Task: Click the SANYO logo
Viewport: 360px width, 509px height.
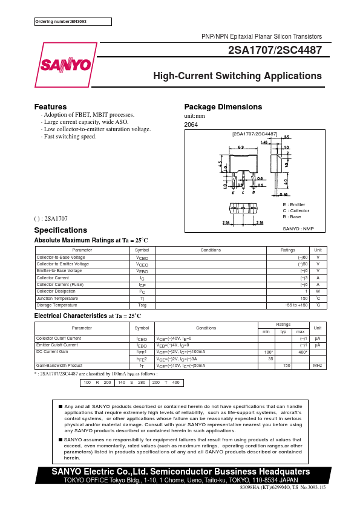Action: coord(66,65)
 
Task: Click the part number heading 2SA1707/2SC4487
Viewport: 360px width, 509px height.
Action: coord(275,51)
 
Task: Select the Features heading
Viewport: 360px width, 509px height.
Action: coord(50,107)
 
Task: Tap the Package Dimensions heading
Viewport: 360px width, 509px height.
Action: coord(223,107)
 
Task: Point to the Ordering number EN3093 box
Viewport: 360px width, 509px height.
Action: coord(73,22)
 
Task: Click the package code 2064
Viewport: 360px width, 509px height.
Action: coord(191,125)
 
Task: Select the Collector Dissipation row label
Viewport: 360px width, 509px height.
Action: coord(57,291)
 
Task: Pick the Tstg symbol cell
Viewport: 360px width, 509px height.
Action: coord(142,305)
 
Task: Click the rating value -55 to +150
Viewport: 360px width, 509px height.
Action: coord(296,305)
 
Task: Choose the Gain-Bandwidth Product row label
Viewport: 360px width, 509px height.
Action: coord(59,366)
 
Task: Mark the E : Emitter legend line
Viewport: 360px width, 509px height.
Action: coord(294,205)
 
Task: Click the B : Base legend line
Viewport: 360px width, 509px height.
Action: coord(292,216)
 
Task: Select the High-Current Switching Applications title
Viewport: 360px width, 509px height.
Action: coord(237,76)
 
